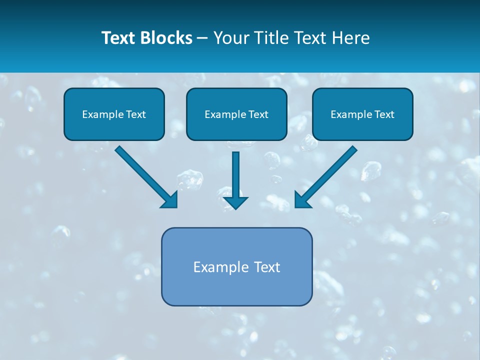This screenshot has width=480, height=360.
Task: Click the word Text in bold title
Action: click(118, 38)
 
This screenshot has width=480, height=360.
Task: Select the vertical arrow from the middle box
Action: click(235, 175)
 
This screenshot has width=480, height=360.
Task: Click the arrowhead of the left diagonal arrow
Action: click(170, 200)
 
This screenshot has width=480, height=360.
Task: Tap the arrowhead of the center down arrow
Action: click(235, 202)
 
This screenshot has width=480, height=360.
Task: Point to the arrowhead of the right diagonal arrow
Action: click(302, 200)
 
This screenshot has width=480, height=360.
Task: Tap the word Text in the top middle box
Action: click(258, 114)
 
